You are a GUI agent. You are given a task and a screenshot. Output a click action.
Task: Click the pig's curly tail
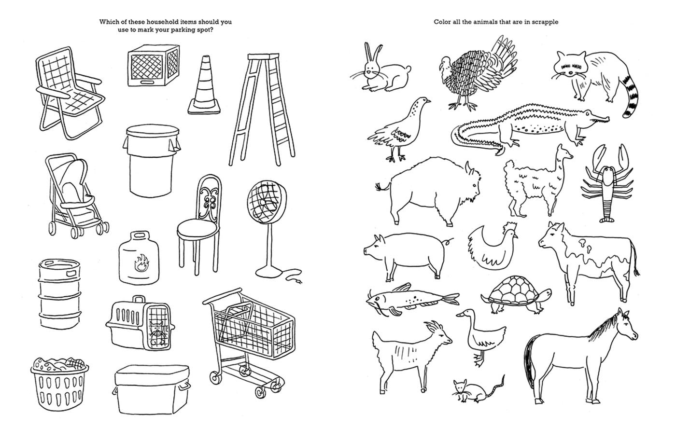click(449, 242)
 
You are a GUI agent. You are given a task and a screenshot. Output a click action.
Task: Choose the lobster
click(607, 183)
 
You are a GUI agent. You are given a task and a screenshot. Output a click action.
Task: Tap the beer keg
click(59, 294)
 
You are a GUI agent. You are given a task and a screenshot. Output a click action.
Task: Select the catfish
click(412, 300)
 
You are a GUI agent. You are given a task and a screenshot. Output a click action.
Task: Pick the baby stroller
click(75, 196)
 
